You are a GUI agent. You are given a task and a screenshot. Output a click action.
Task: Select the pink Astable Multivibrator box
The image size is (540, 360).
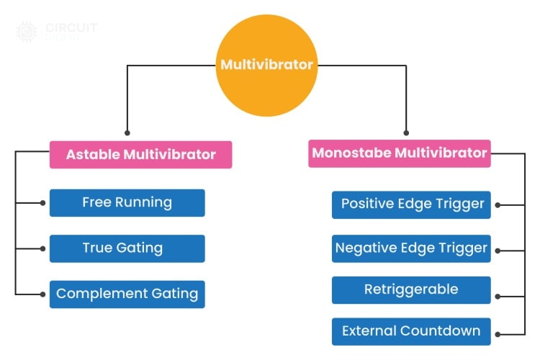(140, 155)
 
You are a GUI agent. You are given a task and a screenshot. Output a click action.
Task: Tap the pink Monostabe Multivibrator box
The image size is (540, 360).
(400, 153)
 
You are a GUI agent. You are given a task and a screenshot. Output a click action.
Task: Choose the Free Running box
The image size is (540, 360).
(127, 203)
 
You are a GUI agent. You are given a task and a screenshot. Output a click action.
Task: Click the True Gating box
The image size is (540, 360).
(127, 248)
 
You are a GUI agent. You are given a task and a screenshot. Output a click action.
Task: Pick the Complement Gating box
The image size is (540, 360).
(127, 294)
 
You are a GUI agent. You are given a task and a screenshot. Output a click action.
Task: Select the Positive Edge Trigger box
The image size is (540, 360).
(411, 204)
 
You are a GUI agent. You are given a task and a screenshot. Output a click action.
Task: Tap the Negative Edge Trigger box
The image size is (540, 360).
(411, 249)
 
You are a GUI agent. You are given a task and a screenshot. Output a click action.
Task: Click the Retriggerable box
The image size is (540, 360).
(411, 290)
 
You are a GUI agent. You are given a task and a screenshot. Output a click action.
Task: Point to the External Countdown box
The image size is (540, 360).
(411, 332)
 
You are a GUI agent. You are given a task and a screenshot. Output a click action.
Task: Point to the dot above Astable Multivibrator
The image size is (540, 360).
(127, 132)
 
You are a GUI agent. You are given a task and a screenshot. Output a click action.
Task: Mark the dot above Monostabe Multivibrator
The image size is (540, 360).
(406, 132)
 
